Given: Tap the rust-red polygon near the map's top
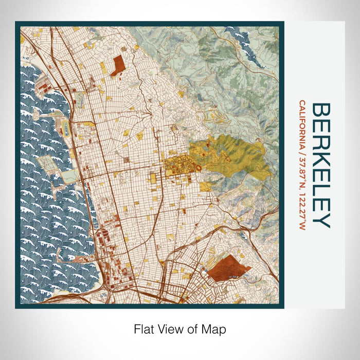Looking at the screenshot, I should click(x=117, y=65).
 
